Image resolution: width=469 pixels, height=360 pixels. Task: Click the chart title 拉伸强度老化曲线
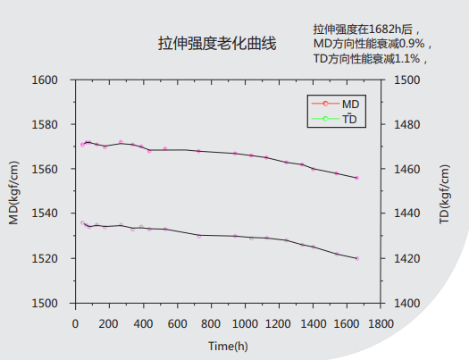(217, 42)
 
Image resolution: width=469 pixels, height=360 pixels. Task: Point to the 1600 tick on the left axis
(45, 80)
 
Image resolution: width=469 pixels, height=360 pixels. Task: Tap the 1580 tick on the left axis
(45, 124)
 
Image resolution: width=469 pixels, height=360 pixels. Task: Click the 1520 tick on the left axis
(45, 258)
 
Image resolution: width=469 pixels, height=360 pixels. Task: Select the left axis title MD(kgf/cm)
(14, 191)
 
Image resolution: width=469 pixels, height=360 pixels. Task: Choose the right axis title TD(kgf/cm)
(444, 191)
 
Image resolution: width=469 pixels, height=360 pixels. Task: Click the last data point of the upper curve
(356, 178)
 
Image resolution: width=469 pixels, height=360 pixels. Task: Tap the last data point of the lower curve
(357, 258)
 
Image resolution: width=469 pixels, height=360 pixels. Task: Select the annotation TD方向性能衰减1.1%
(371, 58)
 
